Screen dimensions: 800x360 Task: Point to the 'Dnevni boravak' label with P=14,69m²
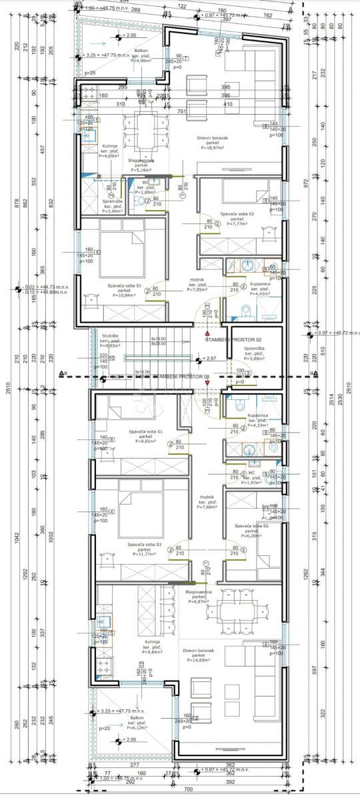(x=201, y=655)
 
